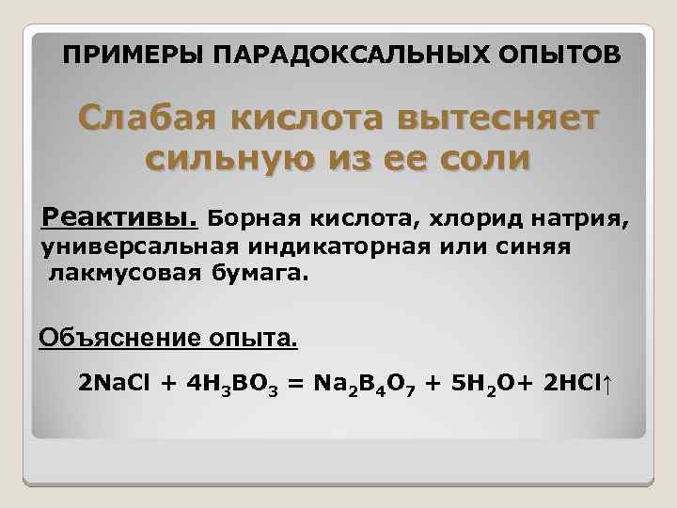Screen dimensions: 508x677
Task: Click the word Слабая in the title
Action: click(150, 119)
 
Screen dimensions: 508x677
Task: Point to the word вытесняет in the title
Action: click(489, 119)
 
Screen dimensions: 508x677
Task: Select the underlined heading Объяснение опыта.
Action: click(167, 337)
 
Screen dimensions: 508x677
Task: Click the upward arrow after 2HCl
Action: click(607, 384)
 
